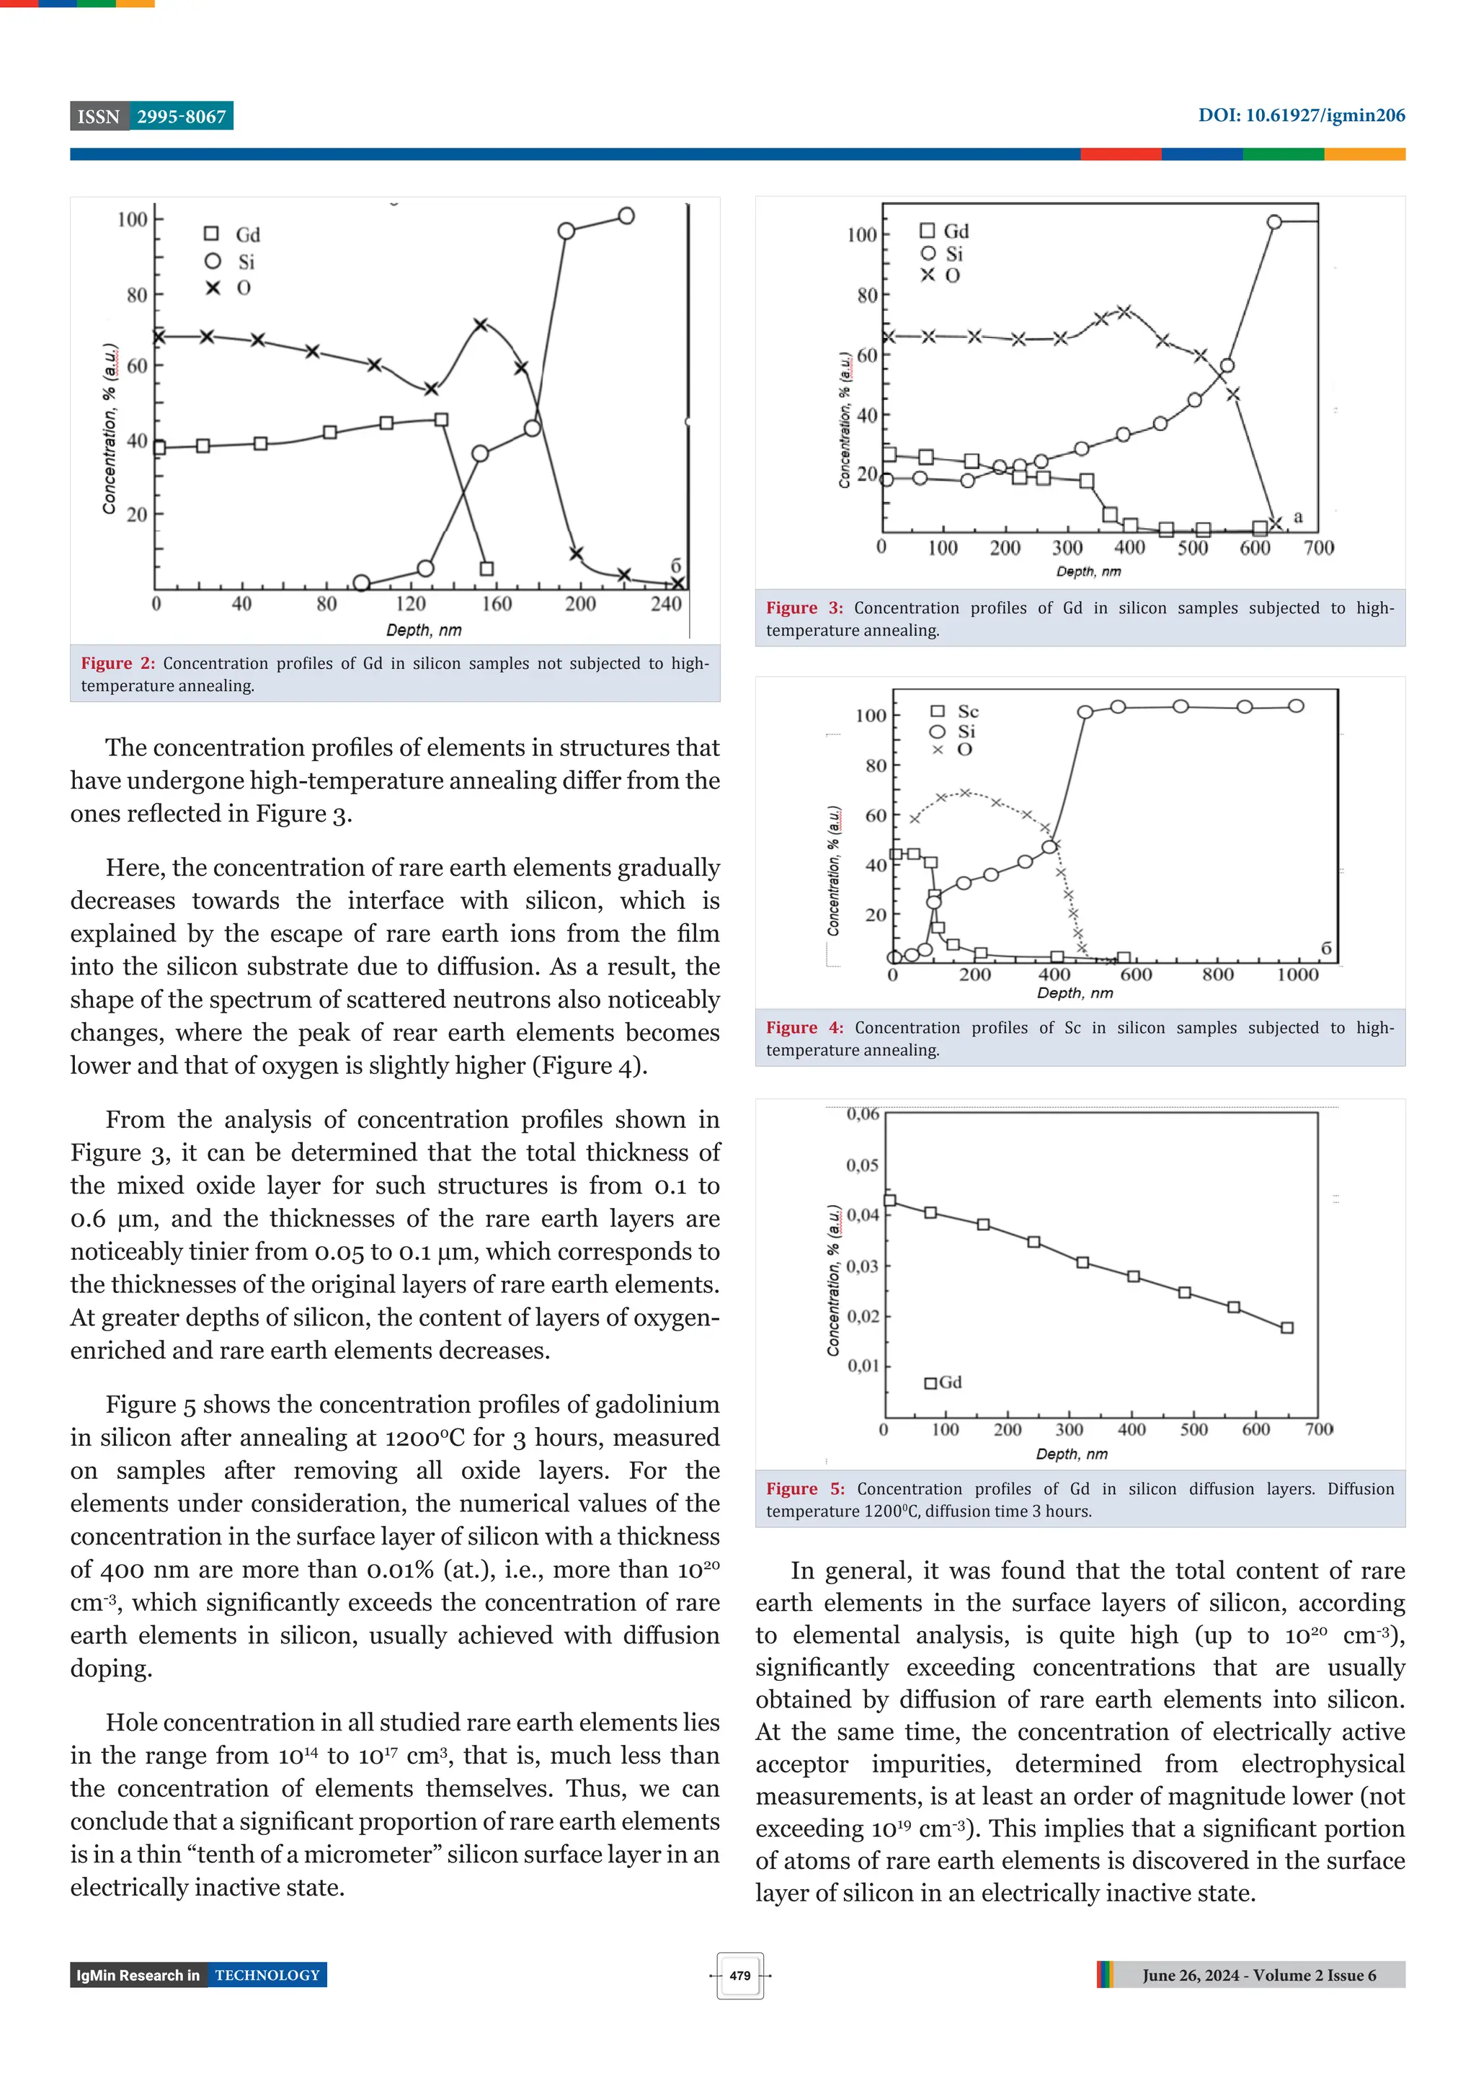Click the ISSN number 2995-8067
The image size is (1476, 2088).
181,117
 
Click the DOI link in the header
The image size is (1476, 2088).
1300,115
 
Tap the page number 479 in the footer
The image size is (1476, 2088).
739,1976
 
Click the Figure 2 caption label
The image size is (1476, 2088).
117,663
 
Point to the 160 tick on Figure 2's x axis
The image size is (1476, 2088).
497,604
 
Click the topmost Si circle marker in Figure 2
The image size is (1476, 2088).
626,216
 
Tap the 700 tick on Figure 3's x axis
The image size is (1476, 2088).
1317,548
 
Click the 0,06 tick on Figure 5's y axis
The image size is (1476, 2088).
862,1114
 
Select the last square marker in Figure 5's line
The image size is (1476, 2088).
1287,1328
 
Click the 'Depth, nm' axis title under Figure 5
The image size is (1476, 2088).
1071,1454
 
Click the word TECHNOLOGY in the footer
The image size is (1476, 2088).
267,1976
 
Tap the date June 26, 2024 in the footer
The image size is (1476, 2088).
1191,1976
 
